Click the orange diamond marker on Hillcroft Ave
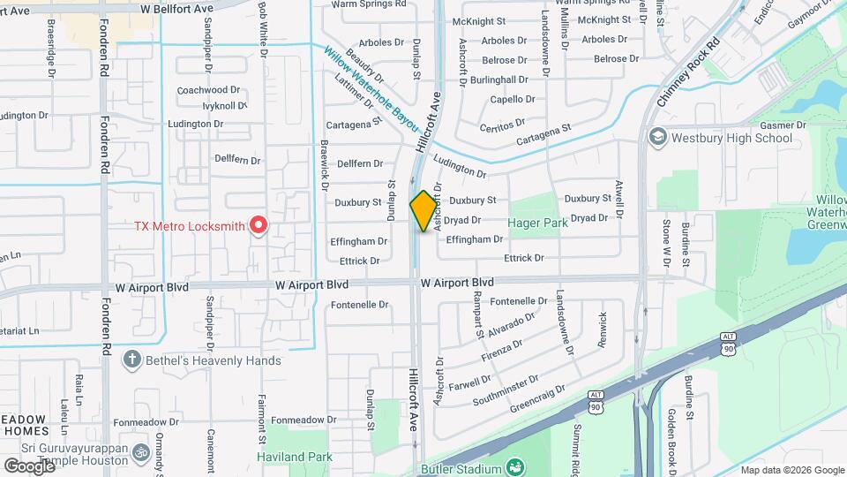coord(424,211)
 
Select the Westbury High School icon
coord(657,137)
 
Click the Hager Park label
coord(537,223)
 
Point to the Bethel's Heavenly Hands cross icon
coord(131,360)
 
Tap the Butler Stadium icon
coord(516,468)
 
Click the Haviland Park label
coord(295,458)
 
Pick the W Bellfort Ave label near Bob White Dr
coord(177,7)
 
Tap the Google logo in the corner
coord(28,466)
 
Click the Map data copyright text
coord(791,470)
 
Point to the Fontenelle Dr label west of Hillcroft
coord(359,305)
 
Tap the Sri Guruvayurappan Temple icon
coord(140,453)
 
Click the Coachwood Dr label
coord(208,90)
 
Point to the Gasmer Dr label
coord(776,125)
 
